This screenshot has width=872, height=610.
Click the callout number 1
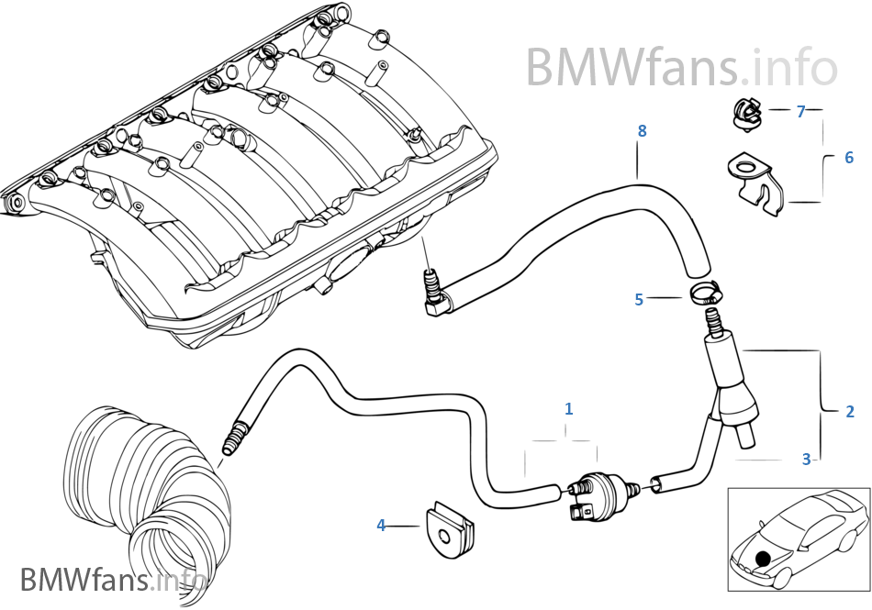click(568, 408)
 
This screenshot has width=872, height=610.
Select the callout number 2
click(850, 412)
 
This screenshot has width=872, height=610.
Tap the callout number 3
click(806, 459)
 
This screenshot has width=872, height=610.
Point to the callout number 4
click(381, 526)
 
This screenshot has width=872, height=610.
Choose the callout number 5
click(639, 298)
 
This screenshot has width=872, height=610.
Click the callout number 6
click(849, 158)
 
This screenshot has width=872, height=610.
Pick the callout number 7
click(800, 111)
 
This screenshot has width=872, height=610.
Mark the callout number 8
click(642, 131)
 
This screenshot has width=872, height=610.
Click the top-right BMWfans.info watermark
click(681, 66)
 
